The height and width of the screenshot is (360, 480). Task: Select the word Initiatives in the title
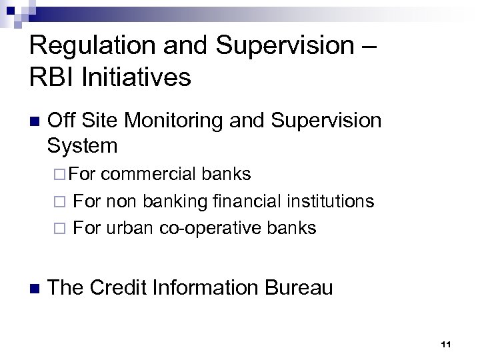pyautogui.click(x=137, y=77)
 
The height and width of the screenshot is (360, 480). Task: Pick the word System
pyautogui.click(x=83, y=145)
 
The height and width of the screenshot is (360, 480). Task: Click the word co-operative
pyautogui.click(x=211, y=227)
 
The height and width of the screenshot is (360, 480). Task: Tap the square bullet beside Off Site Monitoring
pyautogui.click(x=35, y=122)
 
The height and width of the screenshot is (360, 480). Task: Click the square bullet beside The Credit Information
pyautogui.click(x=35, y=288)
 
